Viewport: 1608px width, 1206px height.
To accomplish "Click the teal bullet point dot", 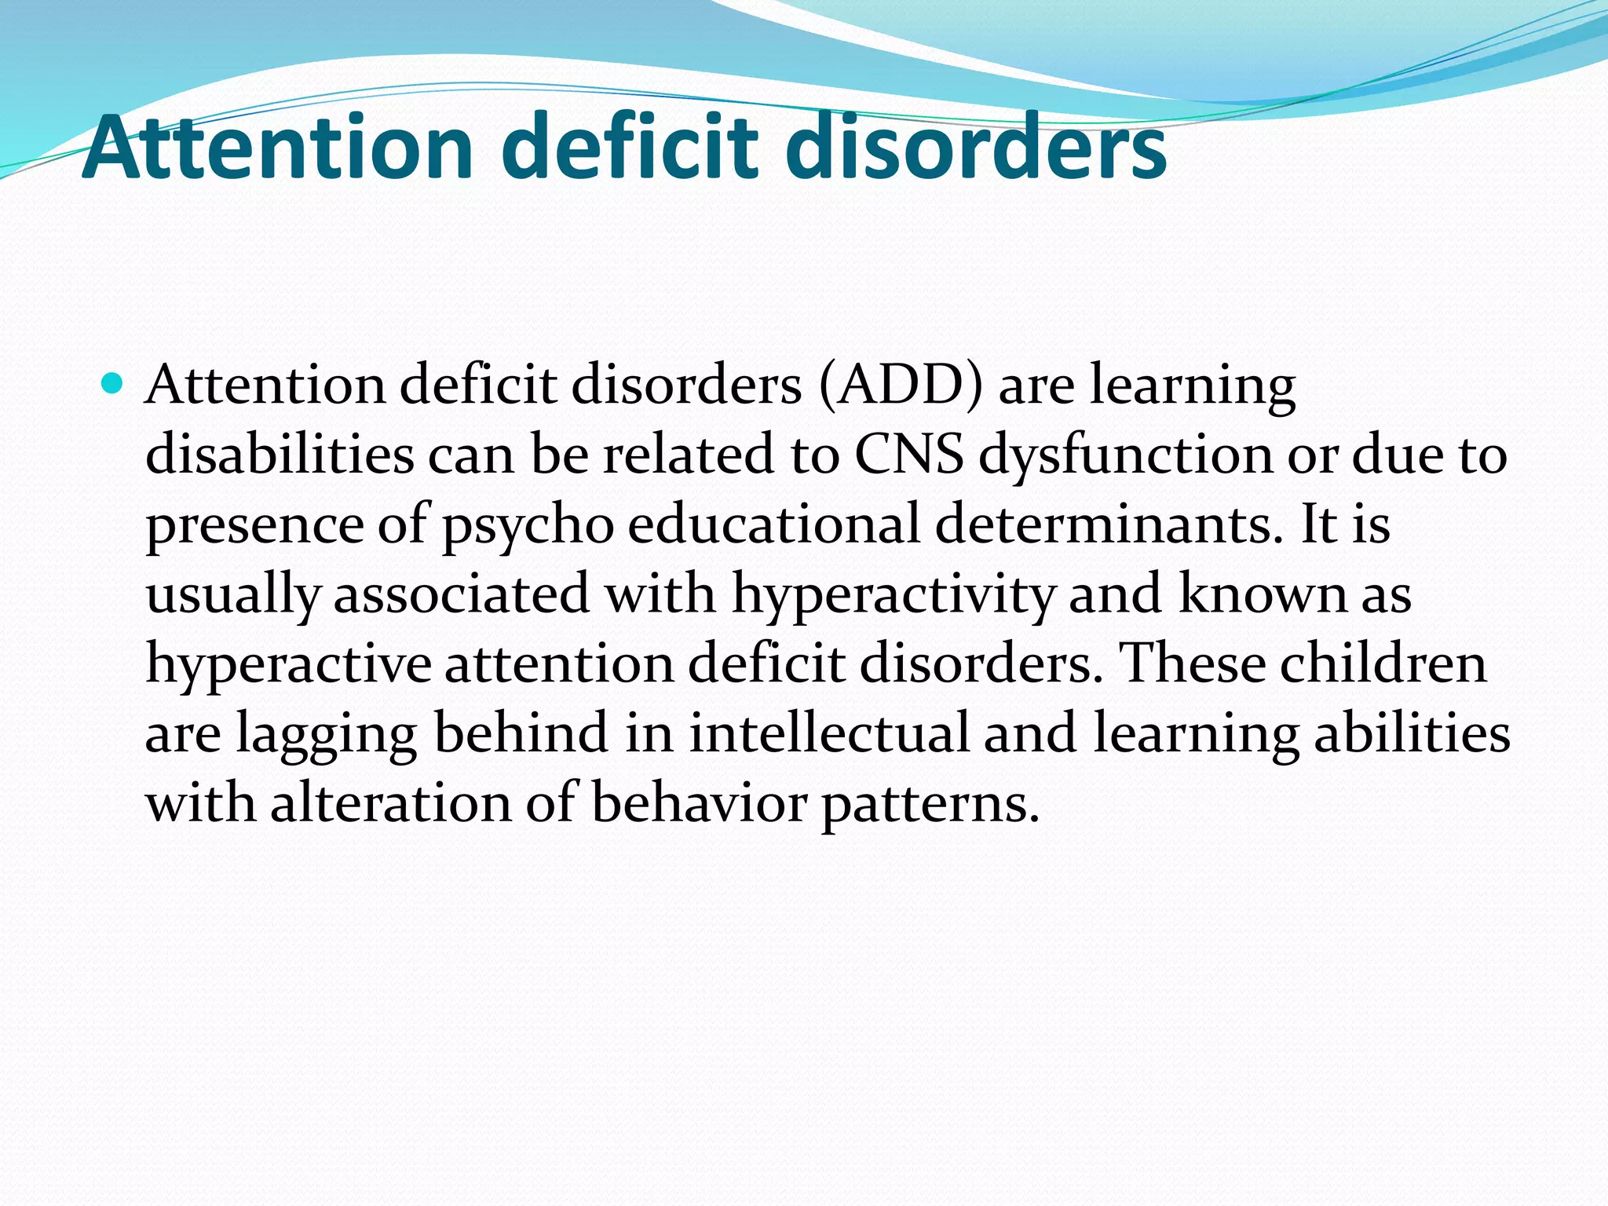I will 113,385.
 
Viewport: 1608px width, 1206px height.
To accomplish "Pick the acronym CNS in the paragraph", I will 908,455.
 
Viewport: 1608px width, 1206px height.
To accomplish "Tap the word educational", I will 773,524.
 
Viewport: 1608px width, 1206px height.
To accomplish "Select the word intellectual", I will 829,733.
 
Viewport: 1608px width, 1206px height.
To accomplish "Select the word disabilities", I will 280,455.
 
